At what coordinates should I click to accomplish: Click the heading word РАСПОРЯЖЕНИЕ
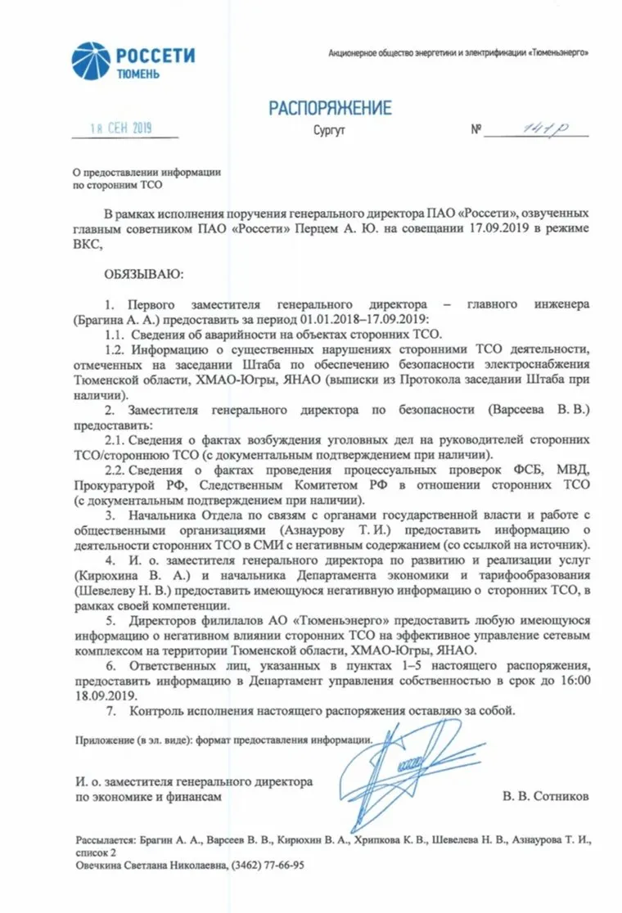coord(331,108)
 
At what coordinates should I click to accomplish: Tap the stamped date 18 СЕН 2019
coord(121,128)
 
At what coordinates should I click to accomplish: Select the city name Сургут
coord(329,131)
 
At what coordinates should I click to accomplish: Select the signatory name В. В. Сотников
coord(545,794)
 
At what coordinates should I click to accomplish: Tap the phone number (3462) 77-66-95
coord(269,865)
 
